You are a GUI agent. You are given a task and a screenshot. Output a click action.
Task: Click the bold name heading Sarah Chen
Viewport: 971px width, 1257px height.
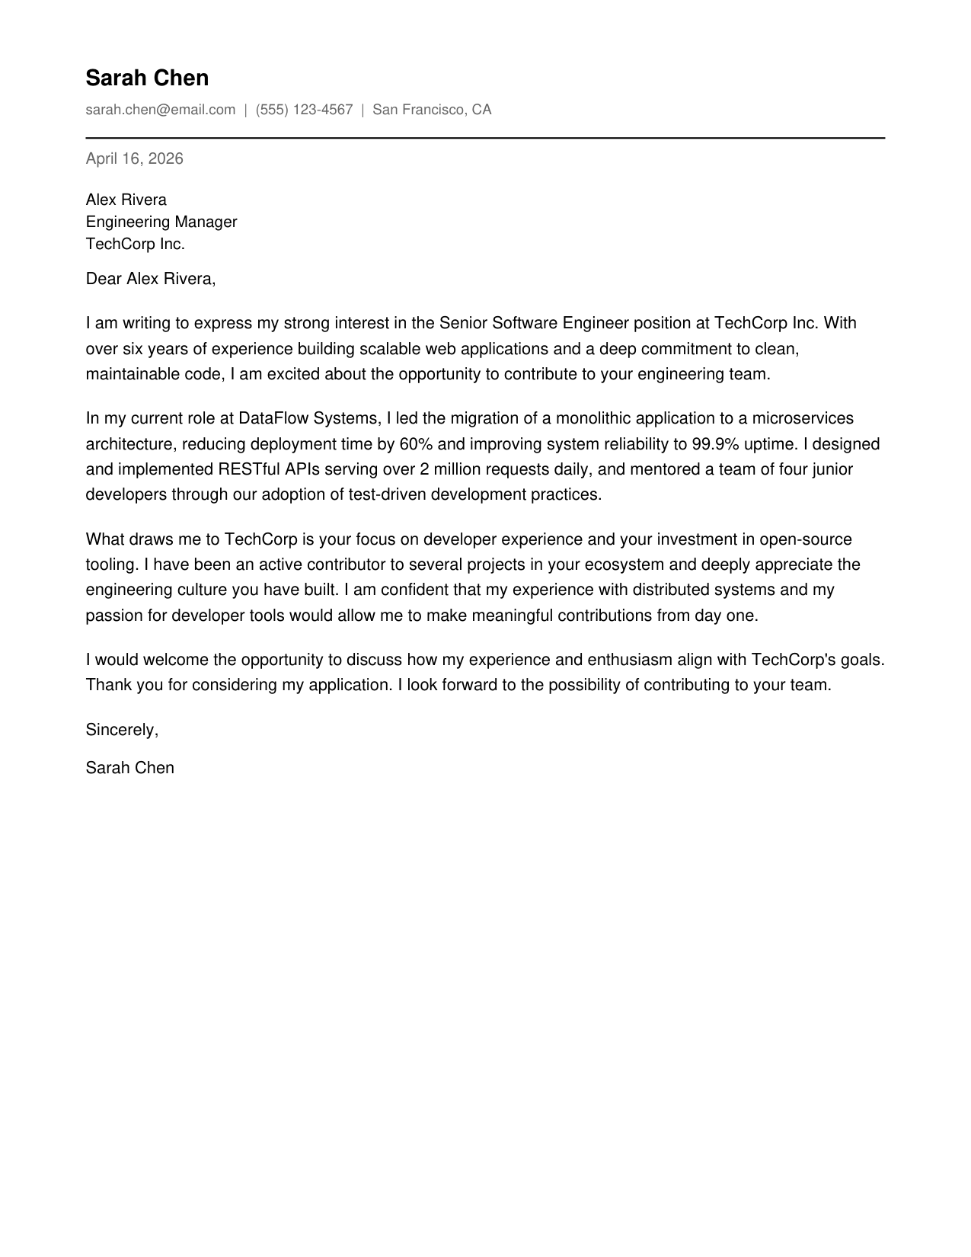(x=147, y=78)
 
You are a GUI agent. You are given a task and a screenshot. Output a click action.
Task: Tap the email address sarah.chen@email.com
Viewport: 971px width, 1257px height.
(x=160, y=110)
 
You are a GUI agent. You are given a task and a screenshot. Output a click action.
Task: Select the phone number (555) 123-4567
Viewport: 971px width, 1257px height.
(x=304, y=110)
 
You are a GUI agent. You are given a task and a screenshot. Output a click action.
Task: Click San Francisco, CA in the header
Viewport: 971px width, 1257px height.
(x=432, y=110)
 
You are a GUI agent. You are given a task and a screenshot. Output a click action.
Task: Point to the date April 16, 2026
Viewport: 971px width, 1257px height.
(x=134, y=158)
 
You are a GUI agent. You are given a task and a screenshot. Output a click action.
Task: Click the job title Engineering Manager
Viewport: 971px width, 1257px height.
(x=161, y=222)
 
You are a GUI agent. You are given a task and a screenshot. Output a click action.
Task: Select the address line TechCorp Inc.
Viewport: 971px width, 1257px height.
(x=135, y=244)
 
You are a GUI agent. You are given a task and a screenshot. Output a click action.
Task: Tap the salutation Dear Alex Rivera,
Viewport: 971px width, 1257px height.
(x=150, y=279)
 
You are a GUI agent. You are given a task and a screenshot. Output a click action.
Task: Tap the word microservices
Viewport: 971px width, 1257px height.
(x=803, y=418)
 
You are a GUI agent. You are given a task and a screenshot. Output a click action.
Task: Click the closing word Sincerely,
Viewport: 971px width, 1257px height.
(x=122, y=730)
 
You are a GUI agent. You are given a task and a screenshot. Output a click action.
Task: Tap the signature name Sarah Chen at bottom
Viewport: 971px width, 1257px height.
(x=129, y=768)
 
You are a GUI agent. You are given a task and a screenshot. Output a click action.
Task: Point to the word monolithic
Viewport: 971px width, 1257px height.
(x=593, y=418)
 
